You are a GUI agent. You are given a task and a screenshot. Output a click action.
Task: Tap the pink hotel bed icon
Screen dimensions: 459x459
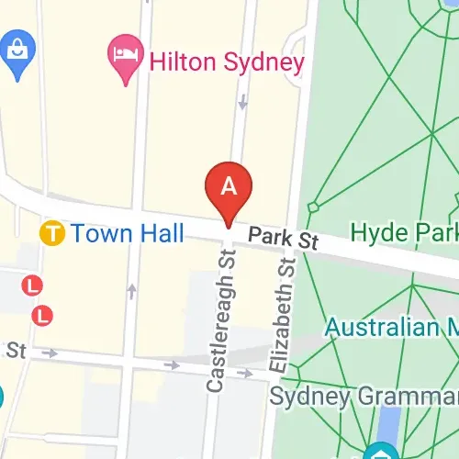click(122, 50)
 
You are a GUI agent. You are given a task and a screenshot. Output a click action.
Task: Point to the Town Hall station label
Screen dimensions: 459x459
click(128, 233)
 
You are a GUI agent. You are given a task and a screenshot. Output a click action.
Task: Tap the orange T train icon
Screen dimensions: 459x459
click(52, 234)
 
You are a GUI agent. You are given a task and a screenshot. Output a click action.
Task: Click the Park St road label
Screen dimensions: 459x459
click(283, 241)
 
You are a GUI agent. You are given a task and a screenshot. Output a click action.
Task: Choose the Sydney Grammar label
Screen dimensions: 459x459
click(363, 397)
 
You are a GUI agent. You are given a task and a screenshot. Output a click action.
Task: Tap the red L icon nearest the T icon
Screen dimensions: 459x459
click(34, 285)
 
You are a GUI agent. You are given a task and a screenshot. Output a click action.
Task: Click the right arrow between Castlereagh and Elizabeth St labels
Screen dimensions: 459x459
click(246, 373)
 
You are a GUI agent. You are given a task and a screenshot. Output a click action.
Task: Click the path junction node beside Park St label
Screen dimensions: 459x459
click(314, 207)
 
